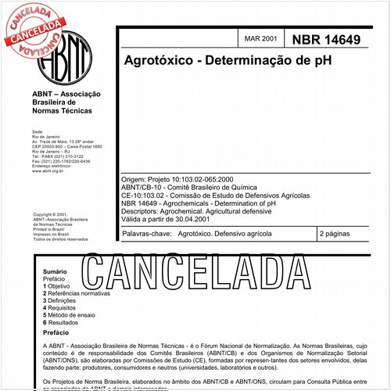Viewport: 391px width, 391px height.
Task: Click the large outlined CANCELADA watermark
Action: (210, 272)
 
